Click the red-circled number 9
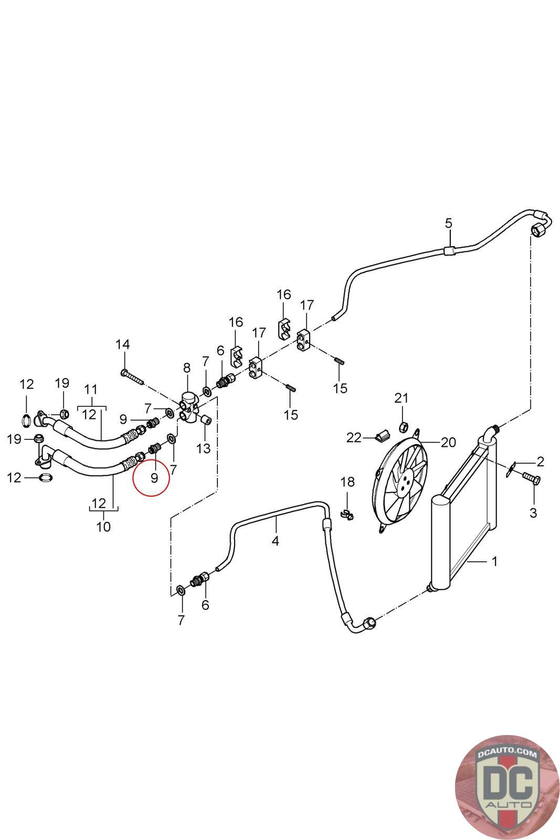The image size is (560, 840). tap(154, 478)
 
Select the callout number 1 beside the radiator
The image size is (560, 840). tap(494, 562)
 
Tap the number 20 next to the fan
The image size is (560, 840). tap(448, 442)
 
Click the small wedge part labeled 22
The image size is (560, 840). tap(382, 435)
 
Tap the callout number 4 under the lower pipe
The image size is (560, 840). tap(276, 540)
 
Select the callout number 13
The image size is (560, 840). tap(203, 448)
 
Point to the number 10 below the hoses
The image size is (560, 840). tap(103, 526)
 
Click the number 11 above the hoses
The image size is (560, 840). tap(91, 390)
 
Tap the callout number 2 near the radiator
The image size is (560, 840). tap(540, 462)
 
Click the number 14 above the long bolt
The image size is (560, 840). tap(122, 344)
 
